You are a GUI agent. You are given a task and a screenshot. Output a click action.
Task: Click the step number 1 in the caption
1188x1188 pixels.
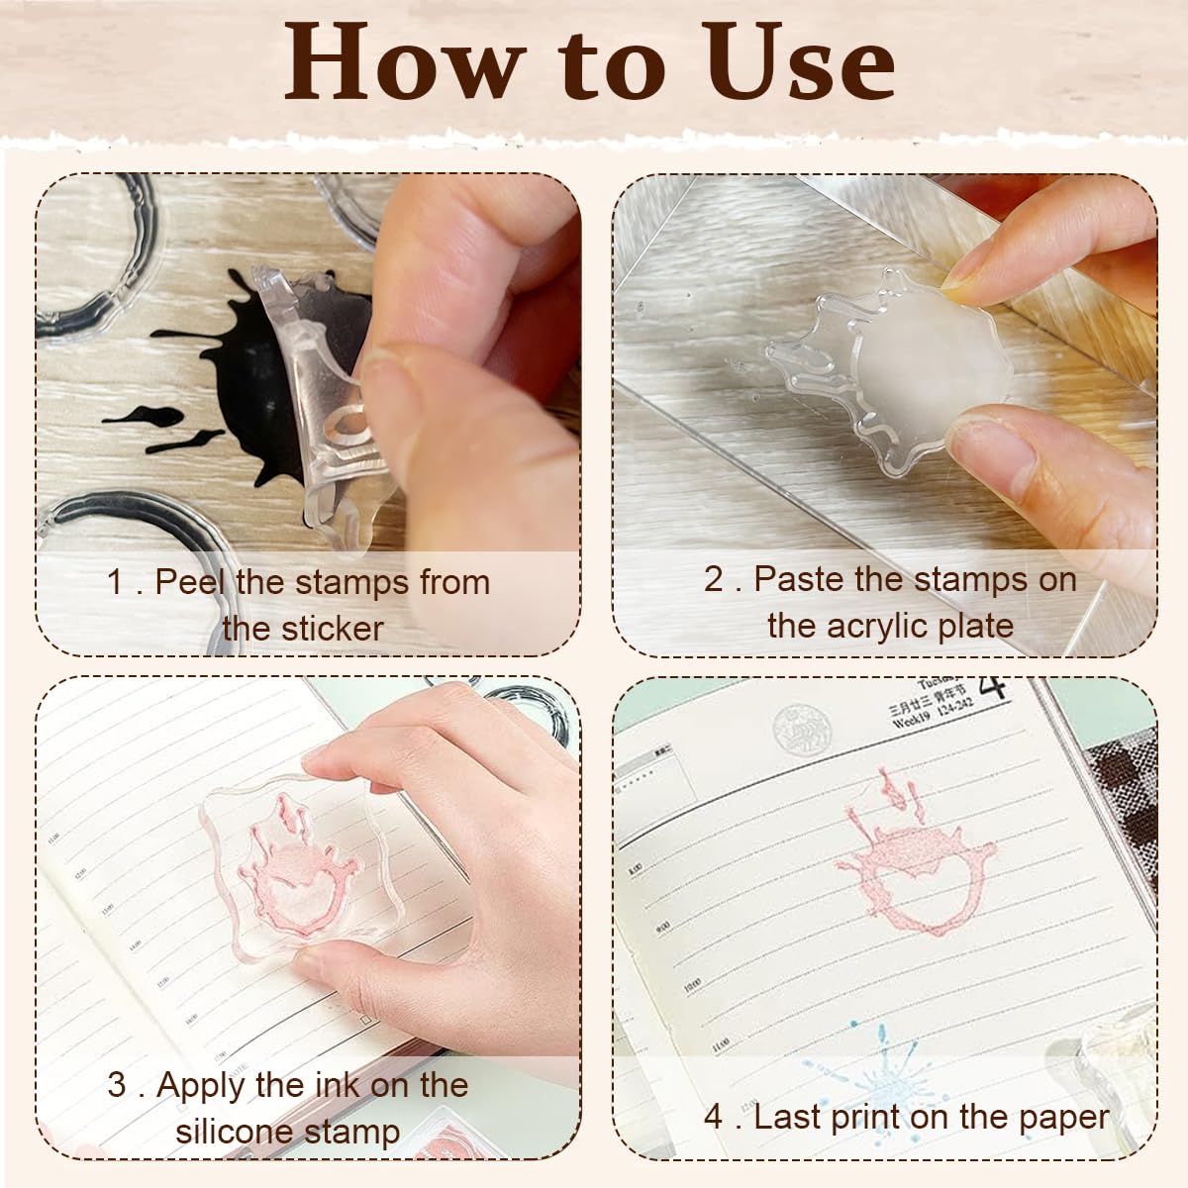117,582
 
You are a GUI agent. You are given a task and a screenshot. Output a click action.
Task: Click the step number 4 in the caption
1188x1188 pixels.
714,1117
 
